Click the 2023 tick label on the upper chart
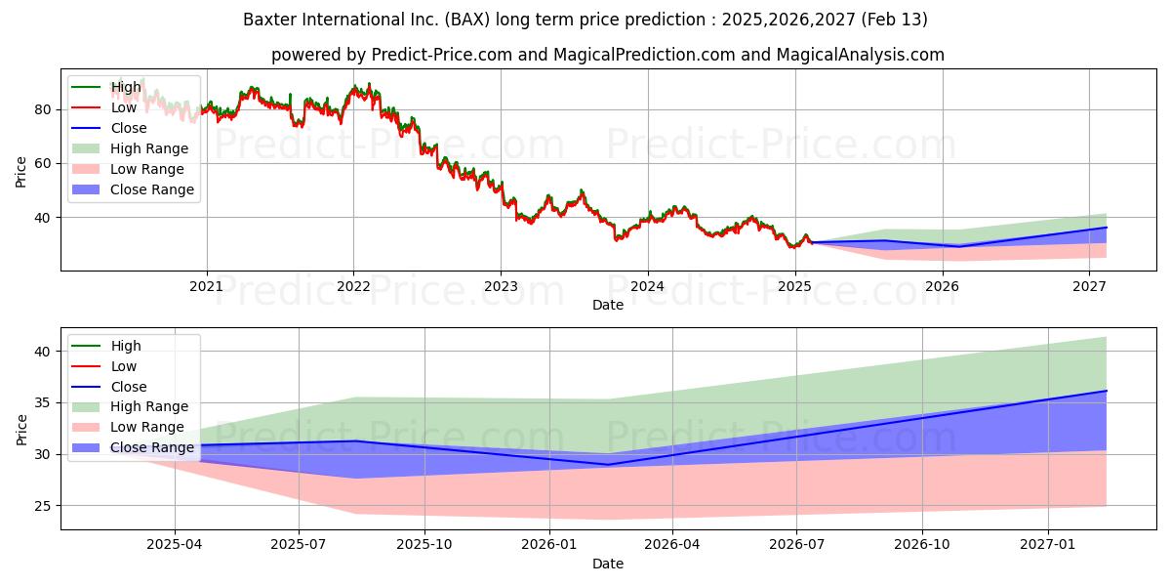[x=501, y=286]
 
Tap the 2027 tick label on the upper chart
[x=1089, y=286]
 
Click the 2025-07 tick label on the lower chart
[x=299, y=545]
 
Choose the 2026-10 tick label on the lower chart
[x=922, y=545]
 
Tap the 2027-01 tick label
[x=1048, y=545]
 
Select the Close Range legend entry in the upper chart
[x=133, y=189]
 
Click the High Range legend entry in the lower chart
[x=130, y=406]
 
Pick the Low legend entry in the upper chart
[x=104, y=107]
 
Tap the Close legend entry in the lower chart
[x=108, y=387]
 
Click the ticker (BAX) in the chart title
[x=467, y=20]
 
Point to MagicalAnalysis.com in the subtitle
[x=861, y=55]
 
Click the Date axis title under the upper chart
[x=607, y=305]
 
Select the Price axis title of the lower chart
[x=20, y=430]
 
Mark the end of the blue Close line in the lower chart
[x=1107, y=391]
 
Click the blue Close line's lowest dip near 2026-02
[x=607, y=465]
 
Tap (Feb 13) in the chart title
[x=894, y=20]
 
